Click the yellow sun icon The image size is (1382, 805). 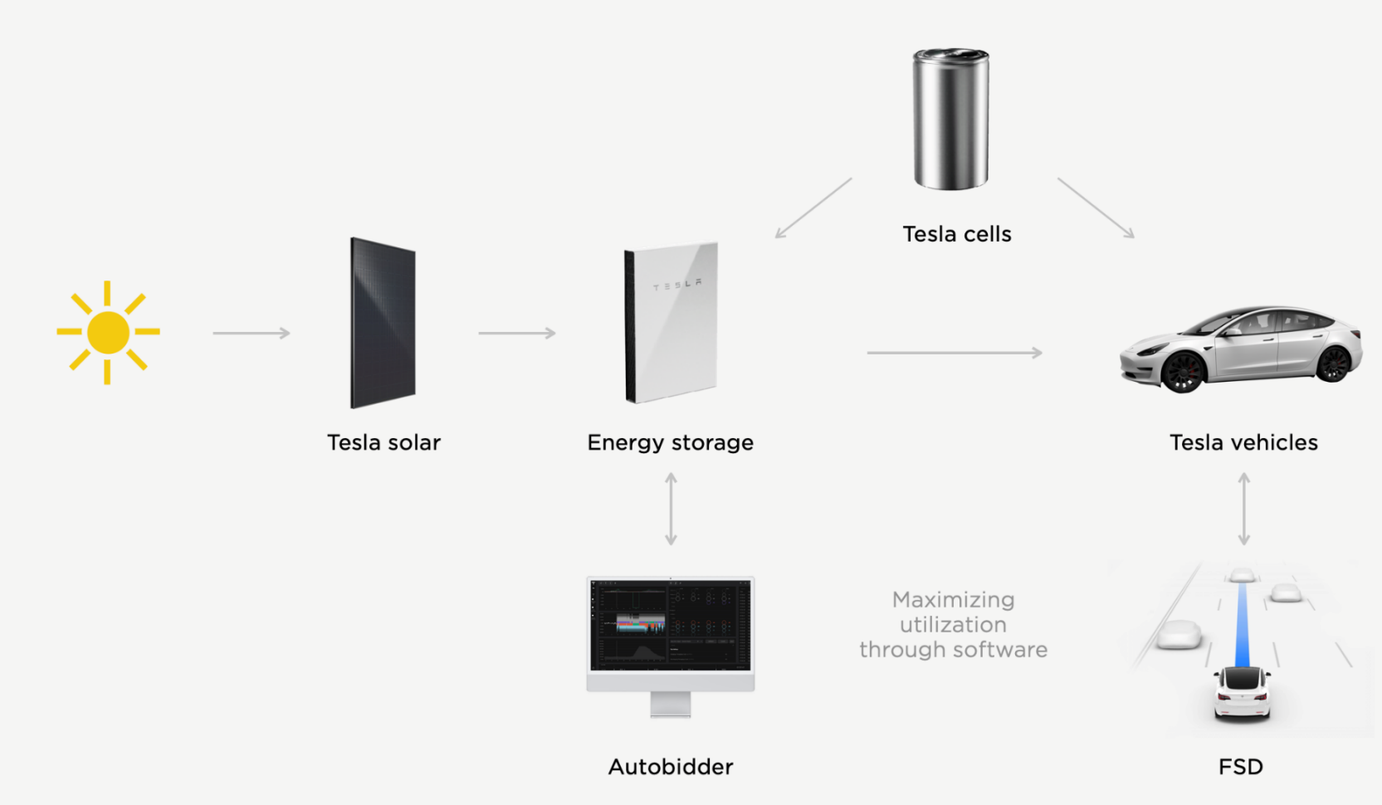[108, 332]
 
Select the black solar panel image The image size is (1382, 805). [383, 323]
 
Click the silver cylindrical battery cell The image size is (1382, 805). [950, 119]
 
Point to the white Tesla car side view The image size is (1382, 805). [1242, 349]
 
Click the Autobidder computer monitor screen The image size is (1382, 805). [671, 625]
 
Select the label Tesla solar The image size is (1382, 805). [383, 442]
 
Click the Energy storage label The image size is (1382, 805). [671, 442]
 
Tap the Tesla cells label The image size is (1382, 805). [957, 234]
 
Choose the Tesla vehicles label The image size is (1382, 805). [1243, 442]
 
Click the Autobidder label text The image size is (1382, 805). [671, 767]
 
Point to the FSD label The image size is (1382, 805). [1241, 767]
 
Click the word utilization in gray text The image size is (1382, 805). [953, 625]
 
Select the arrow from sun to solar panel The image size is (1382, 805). [251, 333]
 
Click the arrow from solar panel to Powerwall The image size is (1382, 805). [517, 333]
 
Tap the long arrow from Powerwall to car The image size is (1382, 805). [955, 353]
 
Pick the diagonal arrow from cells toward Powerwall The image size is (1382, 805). [813, 207]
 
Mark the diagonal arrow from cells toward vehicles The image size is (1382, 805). [1096, 207]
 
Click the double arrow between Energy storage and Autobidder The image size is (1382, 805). [671, 509]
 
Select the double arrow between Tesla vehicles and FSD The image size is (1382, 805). [1243, 509]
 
